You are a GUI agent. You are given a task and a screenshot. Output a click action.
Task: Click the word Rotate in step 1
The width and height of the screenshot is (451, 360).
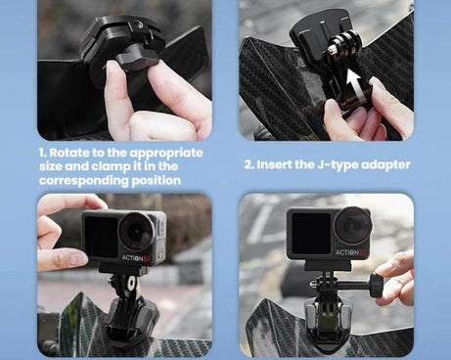pyautogui.click(x=74, y=154)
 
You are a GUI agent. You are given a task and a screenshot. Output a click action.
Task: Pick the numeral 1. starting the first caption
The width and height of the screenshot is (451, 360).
pyautogui.click(x=43, y=154)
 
